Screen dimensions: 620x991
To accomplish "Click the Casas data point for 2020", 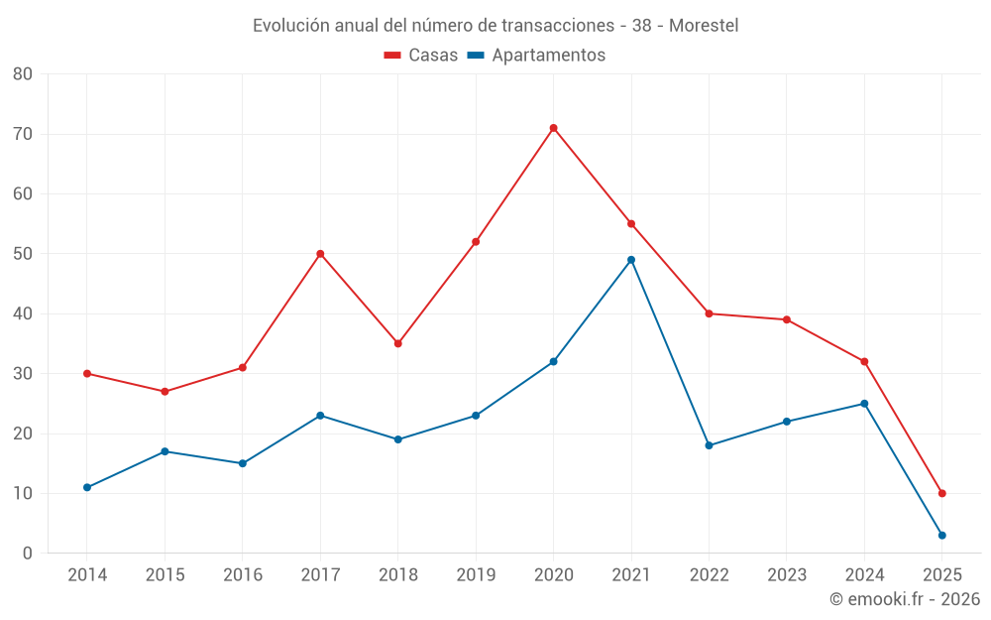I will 553,128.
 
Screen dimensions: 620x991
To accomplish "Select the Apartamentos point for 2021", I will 631,260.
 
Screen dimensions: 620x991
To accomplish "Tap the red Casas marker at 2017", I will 320,254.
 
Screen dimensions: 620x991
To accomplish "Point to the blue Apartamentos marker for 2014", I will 87,487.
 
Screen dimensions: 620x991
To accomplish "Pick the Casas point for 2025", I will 941,493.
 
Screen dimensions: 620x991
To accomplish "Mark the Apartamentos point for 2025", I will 941,536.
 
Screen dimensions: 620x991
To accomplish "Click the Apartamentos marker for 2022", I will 709,445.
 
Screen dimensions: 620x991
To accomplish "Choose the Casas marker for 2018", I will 397,343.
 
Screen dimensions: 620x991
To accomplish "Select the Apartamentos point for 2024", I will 864,404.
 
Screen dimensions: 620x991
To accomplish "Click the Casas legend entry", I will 421,56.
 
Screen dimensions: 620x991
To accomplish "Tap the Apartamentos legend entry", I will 536,56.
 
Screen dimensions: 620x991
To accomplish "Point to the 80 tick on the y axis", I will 23,74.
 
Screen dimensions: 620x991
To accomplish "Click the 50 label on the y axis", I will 23,254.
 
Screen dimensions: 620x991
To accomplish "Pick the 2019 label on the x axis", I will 476,575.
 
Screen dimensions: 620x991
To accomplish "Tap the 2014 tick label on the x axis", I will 87,575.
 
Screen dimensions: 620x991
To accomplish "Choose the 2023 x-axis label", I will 787,575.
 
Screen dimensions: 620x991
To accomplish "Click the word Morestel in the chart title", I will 704,26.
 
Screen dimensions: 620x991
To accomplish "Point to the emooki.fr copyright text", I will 905,599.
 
